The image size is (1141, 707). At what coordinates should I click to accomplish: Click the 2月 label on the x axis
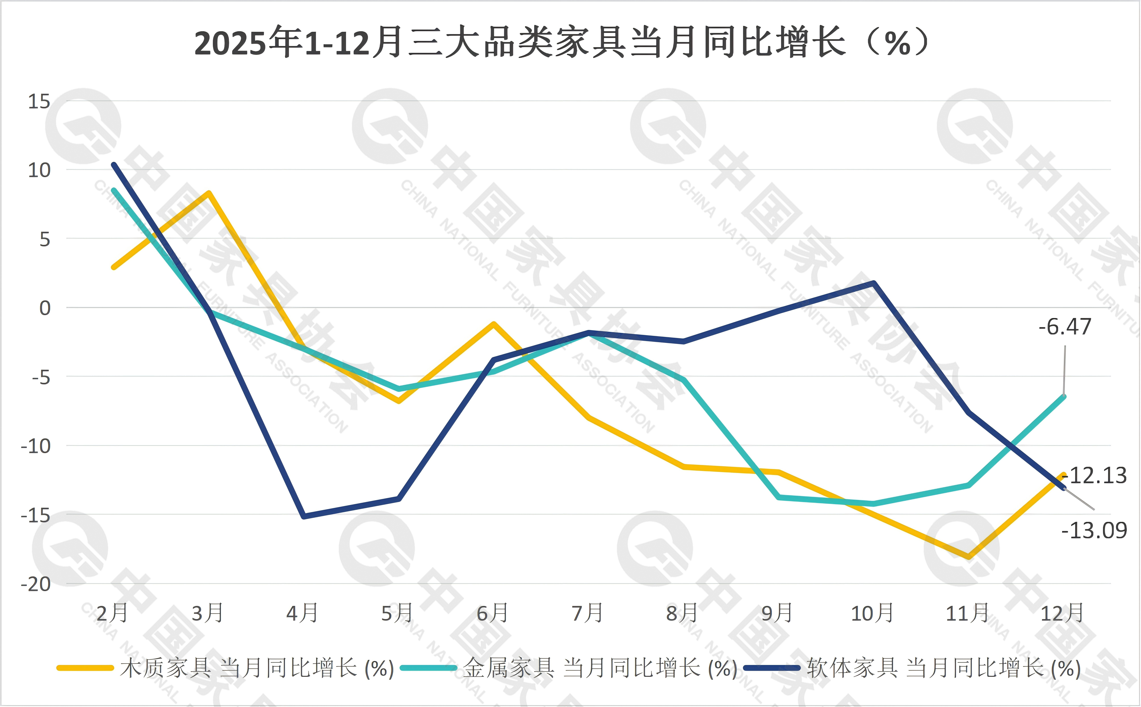112,613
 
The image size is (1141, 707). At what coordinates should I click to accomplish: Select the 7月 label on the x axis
588,613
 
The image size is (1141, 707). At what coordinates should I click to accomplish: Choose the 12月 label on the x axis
1062,613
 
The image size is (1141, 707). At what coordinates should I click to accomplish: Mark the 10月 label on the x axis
872,613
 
